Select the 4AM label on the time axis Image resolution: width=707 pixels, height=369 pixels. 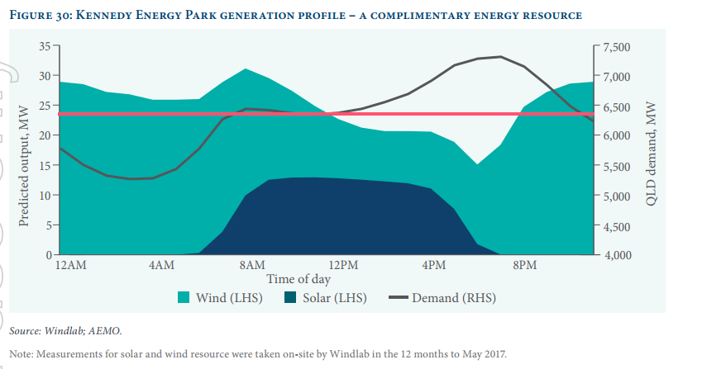(x=161, y=265)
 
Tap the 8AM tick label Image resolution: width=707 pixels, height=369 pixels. (x=252, y=265)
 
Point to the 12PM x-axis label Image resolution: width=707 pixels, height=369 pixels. (x=343, y=265)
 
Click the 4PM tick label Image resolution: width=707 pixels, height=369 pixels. (x=434, y=265)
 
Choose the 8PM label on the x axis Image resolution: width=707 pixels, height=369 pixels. (x=525, y=265)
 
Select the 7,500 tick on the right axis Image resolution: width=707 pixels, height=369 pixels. (x=617, y=47)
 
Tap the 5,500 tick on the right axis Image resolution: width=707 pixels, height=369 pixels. (x=617, y=167)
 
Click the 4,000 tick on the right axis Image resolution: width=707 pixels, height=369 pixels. (x=617, y=256)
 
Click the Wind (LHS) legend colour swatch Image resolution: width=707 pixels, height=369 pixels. (x=185, y=297)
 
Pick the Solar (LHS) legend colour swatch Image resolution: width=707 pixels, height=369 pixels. (x=290, y=297)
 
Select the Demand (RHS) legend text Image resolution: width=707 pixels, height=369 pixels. (x=454, y=297)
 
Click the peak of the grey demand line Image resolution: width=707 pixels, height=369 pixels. (x=499, y=57)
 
